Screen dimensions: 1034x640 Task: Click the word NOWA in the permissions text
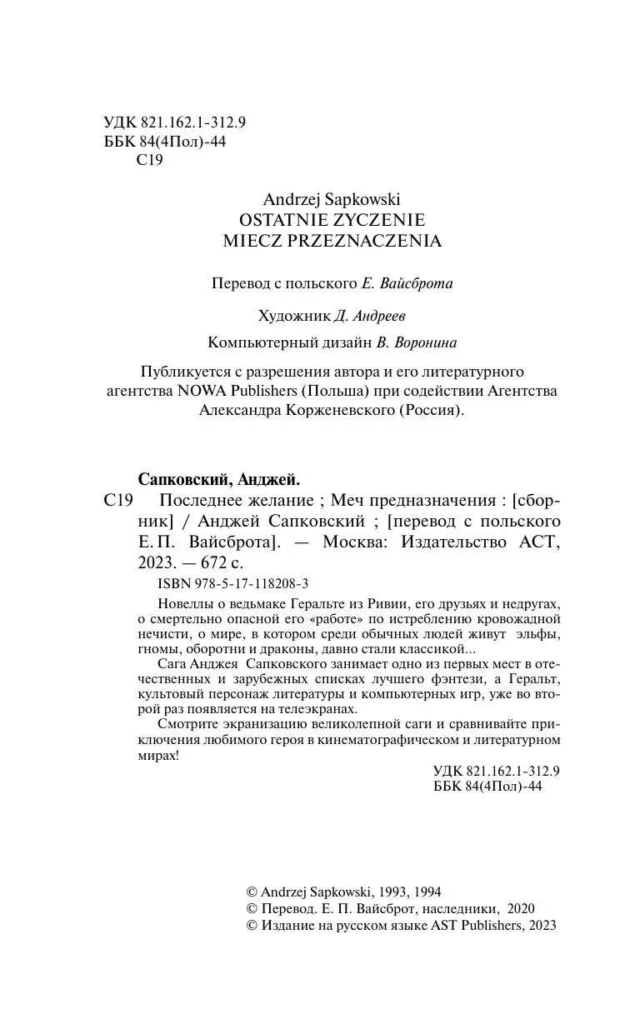point(199,391)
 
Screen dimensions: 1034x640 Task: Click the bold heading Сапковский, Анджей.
point(218,479)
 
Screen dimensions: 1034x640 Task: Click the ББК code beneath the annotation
point(488,787)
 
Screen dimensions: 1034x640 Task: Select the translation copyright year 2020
point(520,908)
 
